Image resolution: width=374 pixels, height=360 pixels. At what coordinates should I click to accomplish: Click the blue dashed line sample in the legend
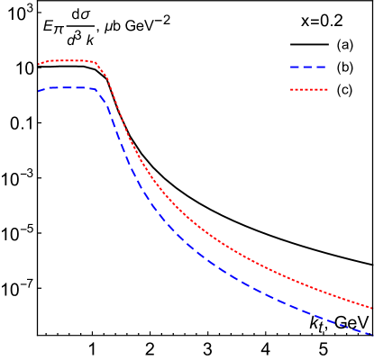coord(308,67)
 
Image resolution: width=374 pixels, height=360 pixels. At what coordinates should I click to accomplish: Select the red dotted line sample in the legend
coord(308,90)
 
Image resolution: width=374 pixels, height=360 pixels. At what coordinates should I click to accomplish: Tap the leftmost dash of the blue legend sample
coord(295,67)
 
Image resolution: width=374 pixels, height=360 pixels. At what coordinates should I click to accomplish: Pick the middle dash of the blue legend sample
coord(308,67)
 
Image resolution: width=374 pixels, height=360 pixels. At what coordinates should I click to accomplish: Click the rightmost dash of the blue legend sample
coord(322,67)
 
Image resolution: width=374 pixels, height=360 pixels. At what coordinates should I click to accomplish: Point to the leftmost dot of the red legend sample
coord(291,90)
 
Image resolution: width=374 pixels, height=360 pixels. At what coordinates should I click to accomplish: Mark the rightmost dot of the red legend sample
coord(326,90)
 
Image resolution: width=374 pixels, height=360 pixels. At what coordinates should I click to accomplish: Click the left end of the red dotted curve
coord(39,64)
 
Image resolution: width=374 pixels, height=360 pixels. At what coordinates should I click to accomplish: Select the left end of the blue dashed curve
coord(39,91)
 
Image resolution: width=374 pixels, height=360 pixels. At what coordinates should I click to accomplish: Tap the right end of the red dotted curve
coord(372,308)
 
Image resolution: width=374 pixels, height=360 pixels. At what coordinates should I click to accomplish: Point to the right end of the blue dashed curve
coord(372,335)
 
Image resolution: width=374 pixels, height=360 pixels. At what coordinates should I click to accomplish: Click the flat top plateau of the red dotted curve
coord(68,61)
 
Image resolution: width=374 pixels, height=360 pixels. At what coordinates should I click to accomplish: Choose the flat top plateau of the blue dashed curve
coord(68,88)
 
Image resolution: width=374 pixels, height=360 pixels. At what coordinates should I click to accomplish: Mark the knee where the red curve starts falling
coord(97,64)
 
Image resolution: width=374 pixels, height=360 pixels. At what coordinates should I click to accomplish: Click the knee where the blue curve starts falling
coord(97,91)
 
